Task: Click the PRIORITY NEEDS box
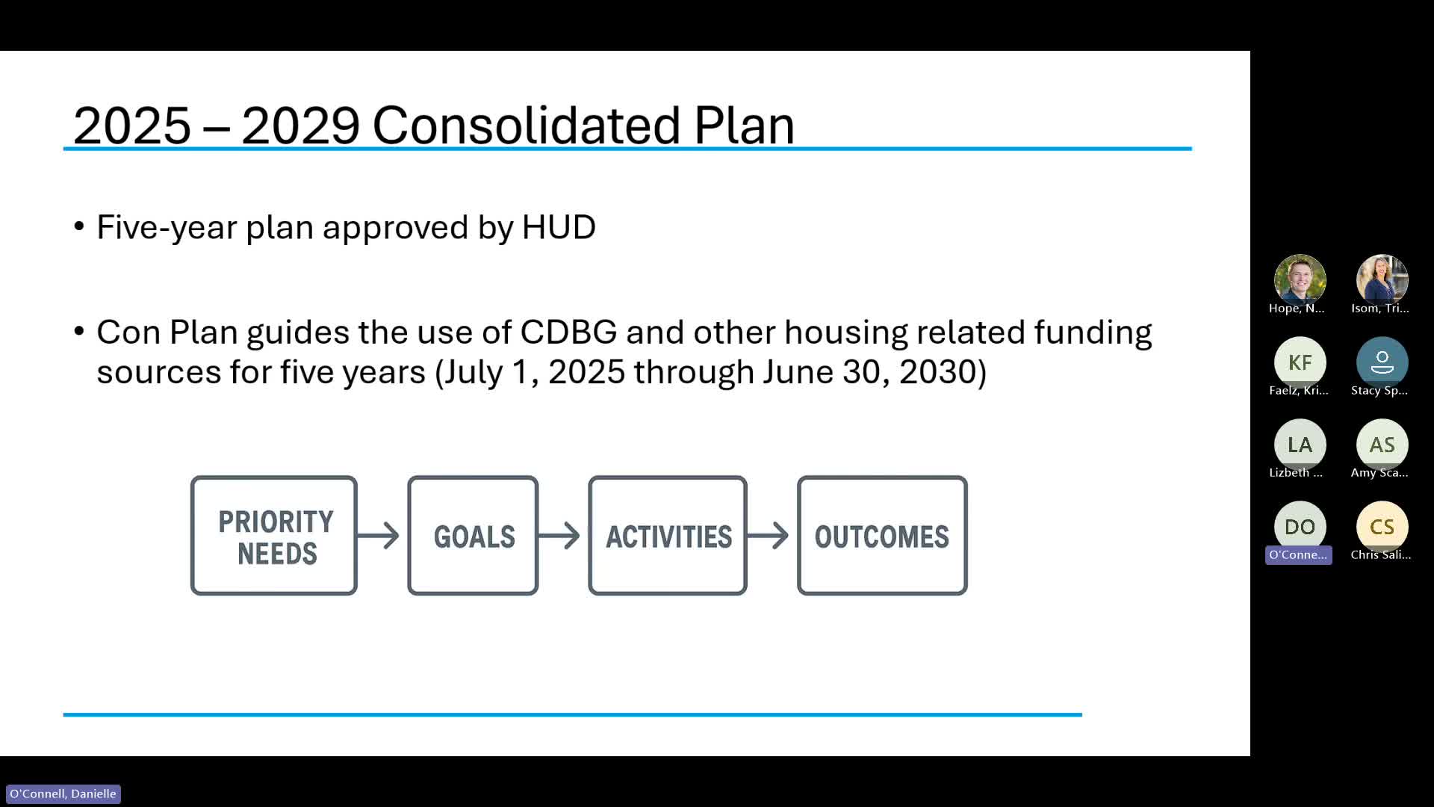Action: point(274,536)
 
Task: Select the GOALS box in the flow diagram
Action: point(473,536)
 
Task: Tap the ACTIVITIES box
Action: point(668,536)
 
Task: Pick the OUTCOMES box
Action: point(882,536)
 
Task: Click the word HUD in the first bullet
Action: point(559,227)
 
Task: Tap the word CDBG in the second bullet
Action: point(568,333)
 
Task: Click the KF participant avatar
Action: point(1300,362)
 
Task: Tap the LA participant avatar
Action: point(1300,445)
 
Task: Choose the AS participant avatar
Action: point(1382,445)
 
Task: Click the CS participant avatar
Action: point(1382,527)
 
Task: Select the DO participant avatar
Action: point(1300,527)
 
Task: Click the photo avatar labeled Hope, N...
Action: point(1300,280)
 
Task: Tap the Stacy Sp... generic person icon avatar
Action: point(1382,362)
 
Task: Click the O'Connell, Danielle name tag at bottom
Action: point(63,794)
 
